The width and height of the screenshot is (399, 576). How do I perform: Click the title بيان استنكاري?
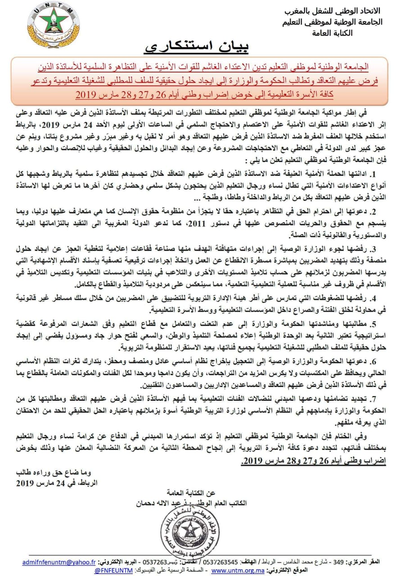pos(197,47)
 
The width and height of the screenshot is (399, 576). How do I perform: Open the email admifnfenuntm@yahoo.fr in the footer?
pos(59,562)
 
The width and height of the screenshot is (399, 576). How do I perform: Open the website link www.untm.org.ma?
pos(232,570)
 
